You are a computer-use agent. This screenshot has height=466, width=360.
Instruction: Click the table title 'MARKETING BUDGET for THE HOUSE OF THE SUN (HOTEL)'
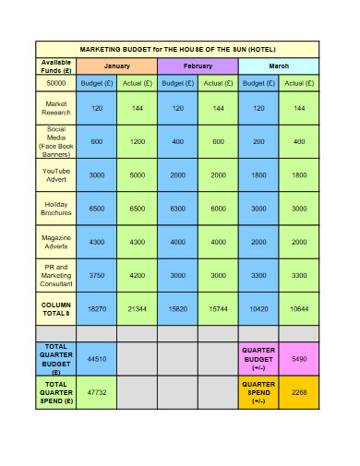(x=177, y=49)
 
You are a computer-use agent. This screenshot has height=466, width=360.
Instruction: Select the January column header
(x=116, y=66)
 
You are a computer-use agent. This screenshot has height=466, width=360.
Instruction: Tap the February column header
(x=198, y=66)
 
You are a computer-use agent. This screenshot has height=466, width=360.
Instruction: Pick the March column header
(x=278, y=66)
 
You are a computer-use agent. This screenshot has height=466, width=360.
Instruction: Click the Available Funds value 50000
(x=56, y=82)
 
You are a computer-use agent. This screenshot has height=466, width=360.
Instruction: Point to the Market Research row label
(x=56, y=109)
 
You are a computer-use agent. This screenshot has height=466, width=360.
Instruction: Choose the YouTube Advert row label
(x=56, y=174)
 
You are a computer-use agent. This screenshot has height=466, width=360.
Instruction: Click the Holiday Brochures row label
(x=56, y=209)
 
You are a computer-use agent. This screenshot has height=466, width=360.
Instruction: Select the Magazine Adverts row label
(x=56, y=242)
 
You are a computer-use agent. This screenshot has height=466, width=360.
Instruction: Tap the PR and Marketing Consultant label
(x=56, y=276)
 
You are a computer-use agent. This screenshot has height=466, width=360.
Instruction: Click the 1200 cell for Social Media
(x=138, y=141)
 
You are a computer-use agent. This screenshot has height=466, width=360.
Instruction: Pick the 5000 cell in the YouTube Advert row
(x=138, y=174)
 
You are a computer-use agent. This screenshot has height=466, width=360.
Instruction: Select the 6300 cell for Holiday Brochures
(x=177, y=209)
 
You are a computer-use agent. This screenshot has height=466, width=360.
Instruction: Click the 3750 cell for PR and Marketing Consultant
(x=97, y=276)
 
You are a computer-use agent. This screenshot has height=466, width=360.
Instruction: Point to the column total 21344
(x=138, y=309)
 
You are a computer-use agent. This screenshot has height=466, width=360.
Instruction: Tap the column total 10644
(x=298, y=309)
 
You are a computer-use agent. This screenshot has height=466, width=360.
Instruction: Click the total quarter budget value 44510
(x=97, y=358)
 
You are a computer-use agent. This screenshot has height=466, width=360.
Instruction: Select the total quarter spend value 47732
(x=97, y=392)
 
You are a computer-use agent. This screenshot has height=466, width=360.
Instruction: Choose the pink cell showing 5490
(x=298, y=358)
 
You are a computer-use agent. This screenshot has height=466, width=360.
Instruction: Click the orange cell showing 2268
(x=298, y=392)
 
